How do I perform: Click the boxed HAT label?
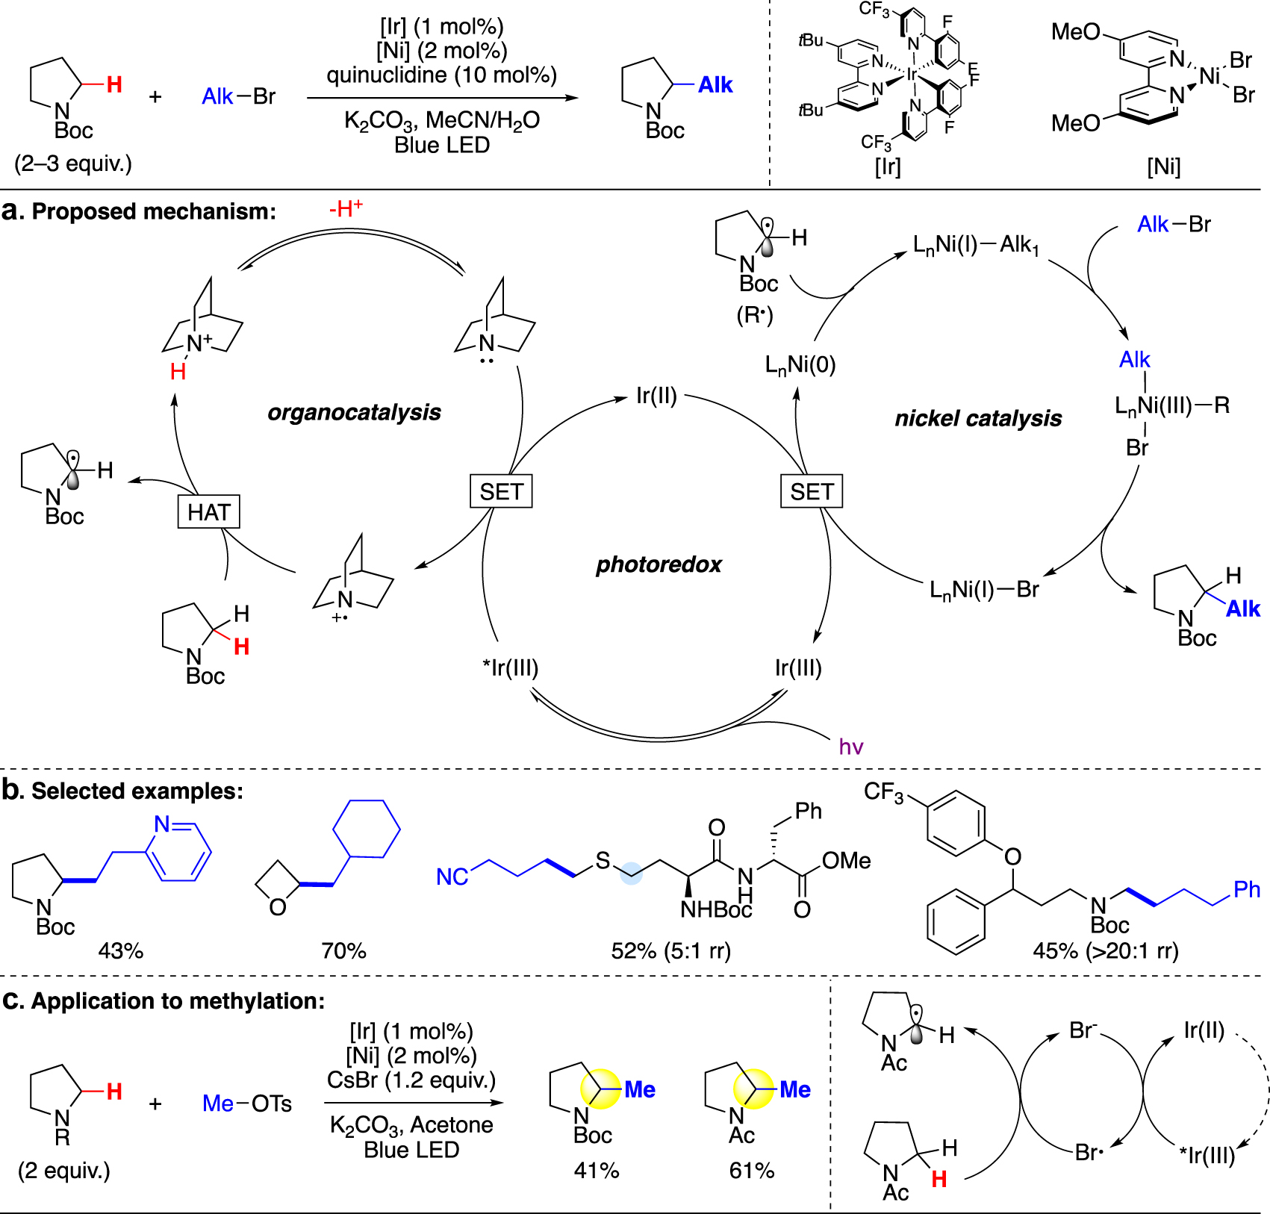click(209, 512)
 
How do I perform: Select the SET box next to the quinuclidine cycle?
click(501, 491)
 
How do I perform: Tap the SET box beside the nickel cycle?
click(812, 491)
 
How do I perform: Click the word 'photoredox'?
click(659, 564)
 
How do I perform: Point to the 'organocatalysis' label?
click(354, 412)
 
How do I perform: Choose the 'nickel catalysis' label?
click(978, 418)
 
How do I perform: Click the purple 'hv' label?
click(851, 747)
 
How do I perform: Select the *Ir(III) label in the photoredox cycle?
click(511, 667)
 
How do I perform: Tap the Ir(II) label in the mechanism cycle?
click(656, 396)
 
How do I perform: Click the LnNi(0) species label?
click(800, 365)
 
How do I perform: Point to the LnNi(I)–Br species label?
click(984, 590)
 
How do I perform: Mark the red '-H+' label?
click(346, 209)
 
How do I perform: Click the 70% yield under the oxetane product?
click(343, 950)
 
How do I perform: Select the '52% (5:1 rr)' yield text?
click(670, 950)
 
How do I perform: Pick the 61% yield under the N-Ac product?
click(751, 1170)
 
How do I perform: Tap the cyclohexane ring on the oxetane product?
click(366, 829)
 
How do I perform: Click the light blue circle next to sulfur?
click(632, 874)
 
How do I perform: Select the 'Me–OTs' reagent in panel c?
click(247, 1104)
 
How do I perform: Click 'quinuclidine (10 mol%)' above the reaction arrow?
click(442, 75)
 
